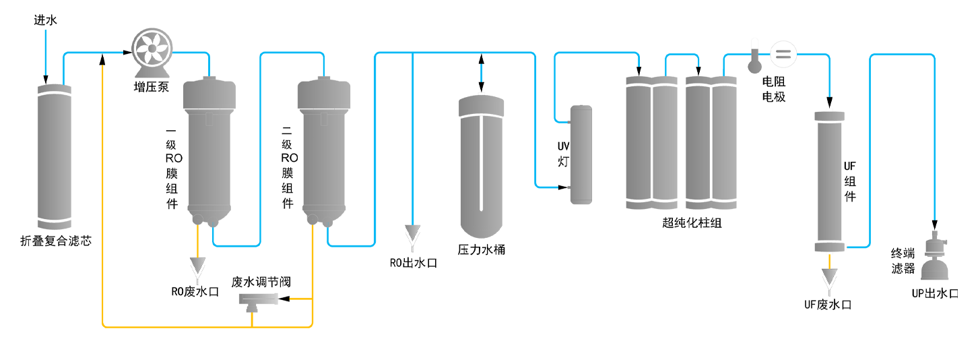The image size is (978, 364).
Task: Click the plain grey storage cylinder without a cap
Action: [x=55, y=154]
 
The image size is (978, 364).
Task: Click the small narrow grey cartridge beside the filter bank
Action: [x=581, y=154]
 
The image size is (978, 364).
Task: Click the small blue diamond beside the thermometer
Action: [x=764, y=53]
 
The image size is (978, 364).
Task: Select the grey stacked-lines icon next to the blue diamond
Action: [x=781, y=55]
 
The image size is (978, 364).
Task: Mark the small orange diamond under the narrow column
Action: [x=829, y=260]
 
